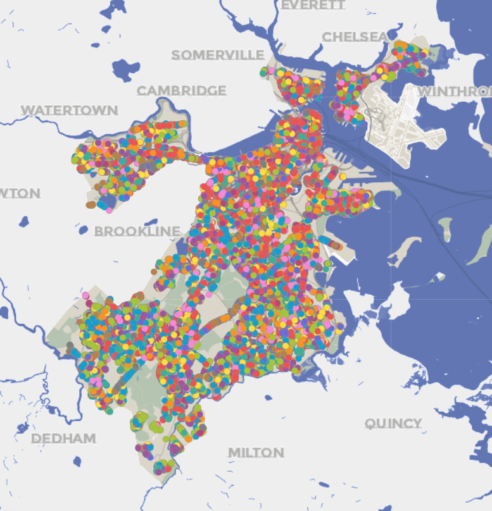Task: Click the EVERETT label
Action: tap(313, 5)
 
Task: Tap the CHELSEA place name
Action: tap(355, 37)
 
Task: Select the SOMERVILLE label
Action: tap(217, 55)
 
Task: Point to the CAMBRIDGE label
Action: tap(182, 90)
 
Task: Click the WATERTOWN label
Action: tap(69, 110)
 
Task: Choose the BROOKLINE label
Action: tap(137, 231)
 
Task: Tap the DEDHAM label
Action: tap(63, 438)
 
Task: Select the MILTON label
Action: tap(256, 452)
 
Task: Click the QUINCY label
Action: tap(393, 423)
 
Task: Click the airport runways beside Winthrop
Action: tap(405, 123)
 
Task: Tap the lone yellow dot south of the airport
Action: tap(343, 176)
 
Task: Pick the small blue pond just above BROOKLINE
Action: tap(151, 222)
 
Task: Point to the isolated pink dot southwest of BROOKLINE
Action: tap(85, 295)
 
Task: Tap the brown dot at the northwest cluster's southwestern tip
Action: tap(91, 205)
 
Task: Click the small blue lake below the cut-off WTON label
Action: tap(24, 222)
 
